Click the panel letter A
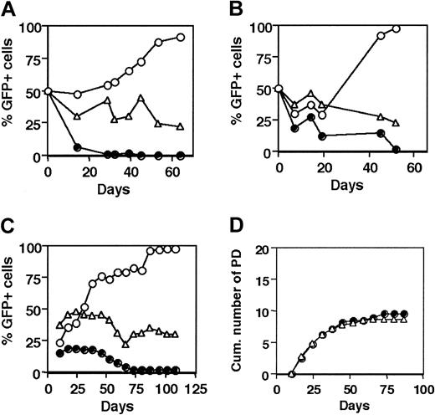[9, 9]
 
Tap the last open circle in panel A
[182, 37]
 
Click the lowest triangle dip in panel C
[125, 343]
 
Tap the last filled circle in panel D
[405, 314]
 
